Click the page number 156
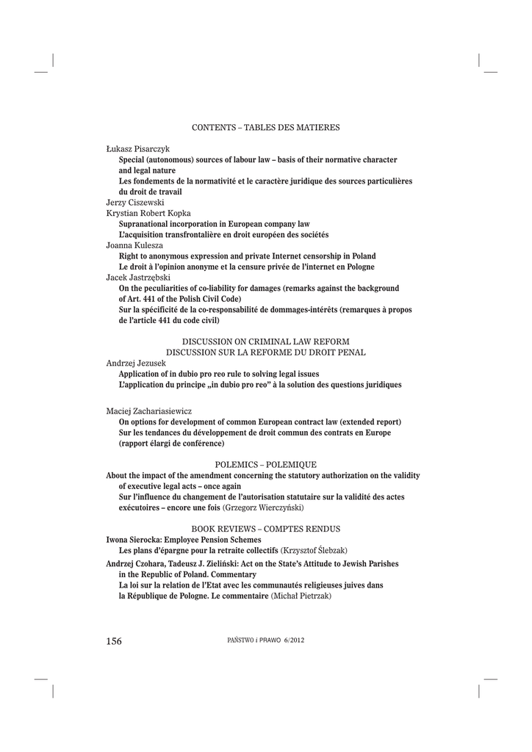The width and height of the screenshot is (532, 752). pos(114,641)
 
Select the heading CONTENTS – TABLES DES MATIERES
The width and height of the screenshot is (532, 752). pos(265,128)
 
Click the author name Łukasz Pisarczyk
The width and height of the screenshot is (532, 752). pos(138,149)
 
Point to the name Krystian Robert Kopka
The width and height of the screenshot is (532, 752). pos(148,213)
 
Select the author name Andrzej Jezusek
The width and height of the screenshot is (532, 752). pos(136,363)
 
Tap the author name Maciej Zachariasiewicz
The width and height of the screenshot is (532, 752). pos(149,411)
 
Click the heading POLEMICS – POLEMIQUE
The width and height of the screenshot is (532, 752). pos(265,465)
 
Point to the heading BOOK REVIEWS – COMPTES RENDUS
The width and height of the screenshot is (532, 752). pos(265,529)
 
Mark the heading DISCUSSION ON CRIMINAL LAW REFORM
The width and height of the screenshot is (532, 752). pos(265,341)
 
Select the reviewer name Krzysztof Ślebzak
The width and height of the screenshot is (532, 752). pos(314,550)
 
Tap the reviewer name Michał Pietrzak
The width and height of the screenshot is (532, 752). pos(301,596)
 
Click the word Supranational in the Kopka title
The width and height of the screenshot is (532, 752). pos(145,224)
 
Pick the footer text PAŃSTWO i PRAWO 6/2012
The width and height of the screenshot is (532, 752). pos(266,640)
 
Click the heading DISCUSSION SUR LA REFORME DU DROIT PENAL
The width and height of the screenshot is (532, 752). pos(265,352)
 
